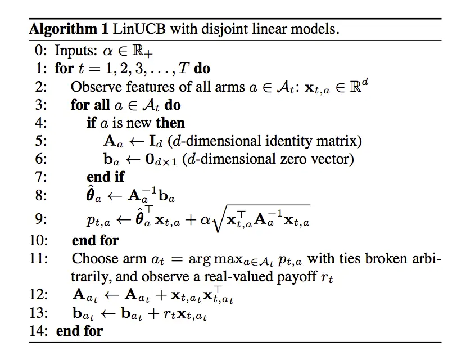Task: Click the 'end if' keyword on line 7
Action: pos(106,177)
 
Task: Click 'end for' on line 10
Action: pos(96,241)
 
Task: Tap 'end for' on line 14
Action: pos(80,331)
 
